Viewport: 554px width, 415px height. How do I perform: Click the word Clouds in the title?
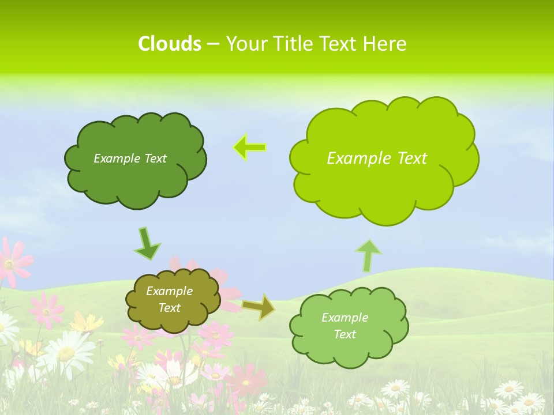point(169,44)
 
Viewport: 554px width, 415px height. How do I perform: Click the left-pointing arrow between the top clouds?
point(249,148)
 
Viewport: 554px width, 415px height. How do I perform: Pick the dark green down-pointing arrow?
point(147,243)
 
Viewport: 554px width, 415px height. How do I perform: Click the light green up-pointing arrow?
point(369,255)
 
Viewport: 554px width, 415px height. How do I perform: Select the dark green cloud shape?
point(135,179)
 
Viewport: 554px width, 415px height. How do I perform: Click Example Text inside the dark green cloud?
point(130,159)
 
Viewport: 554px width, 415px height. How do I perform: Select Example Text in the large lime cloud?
point(377,159)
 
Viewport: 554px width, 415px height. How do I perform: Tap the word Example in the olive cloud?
point(169,291)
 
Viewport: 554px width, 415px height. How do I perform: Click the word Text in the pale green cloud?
point(345,334)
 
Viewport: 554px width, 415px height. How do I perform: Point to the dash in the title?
point(212,44)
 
